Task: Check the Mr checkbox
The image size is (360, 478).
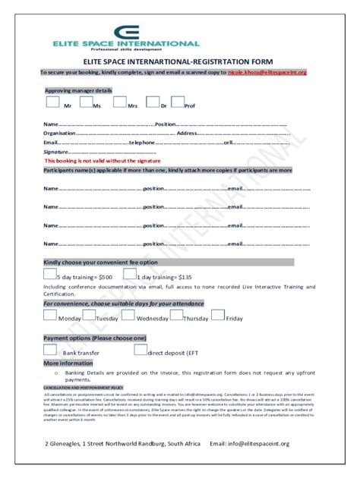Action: click(52, 102)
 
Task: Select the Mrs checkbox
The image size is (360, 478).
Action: click(118, 102)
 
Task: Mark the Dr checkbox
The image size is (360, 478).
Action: click(152, 102)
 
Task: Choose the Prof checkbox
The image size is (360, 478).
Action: click(178, 102)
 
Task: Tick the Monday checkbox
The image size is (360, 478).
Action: click(50, 316)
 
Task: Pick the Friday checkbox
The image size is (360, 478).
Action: click(217, 316)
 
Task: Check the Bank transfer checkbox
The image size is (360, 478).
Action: click(50, 350)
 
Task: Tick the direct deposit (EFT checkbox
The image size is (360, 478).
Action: click(140, 350)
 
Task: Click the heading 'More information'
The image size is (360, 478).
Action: click(68, 363)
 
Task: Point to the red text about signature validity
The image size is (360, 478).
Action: click(103, 161)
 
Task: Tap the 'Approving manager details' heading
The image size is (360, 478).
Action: click(79, 90)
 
